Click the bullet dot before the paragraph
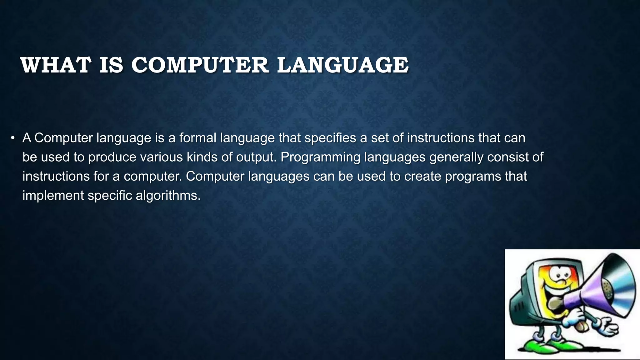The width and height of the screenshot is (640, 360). [x=12, y=138]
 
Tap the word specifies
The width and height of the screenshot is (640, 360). [x=330, y=138]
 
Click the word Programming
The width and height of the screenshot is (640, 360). [x=320, y=157]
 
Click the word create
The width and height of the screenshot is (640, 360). [x=423, y=176]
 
